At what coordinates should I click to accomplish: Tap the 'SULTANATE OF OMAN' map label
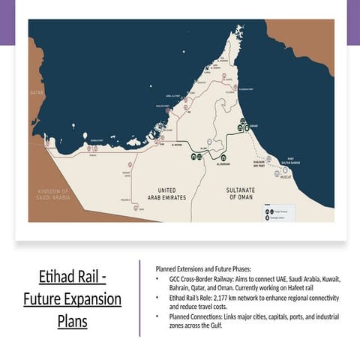point(243,193)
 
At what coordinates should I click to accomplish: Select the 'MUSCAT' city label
point(286,177)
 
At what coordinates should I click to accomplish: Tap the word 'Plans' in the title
point(73,322)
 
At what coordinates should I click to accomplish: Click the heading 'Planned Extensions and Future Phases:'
point(203,268)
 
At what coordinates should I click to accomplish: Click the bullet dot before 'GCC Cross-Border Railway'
point(157,278)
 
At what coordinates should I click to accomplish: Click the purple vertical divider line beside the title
point(139,298)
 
